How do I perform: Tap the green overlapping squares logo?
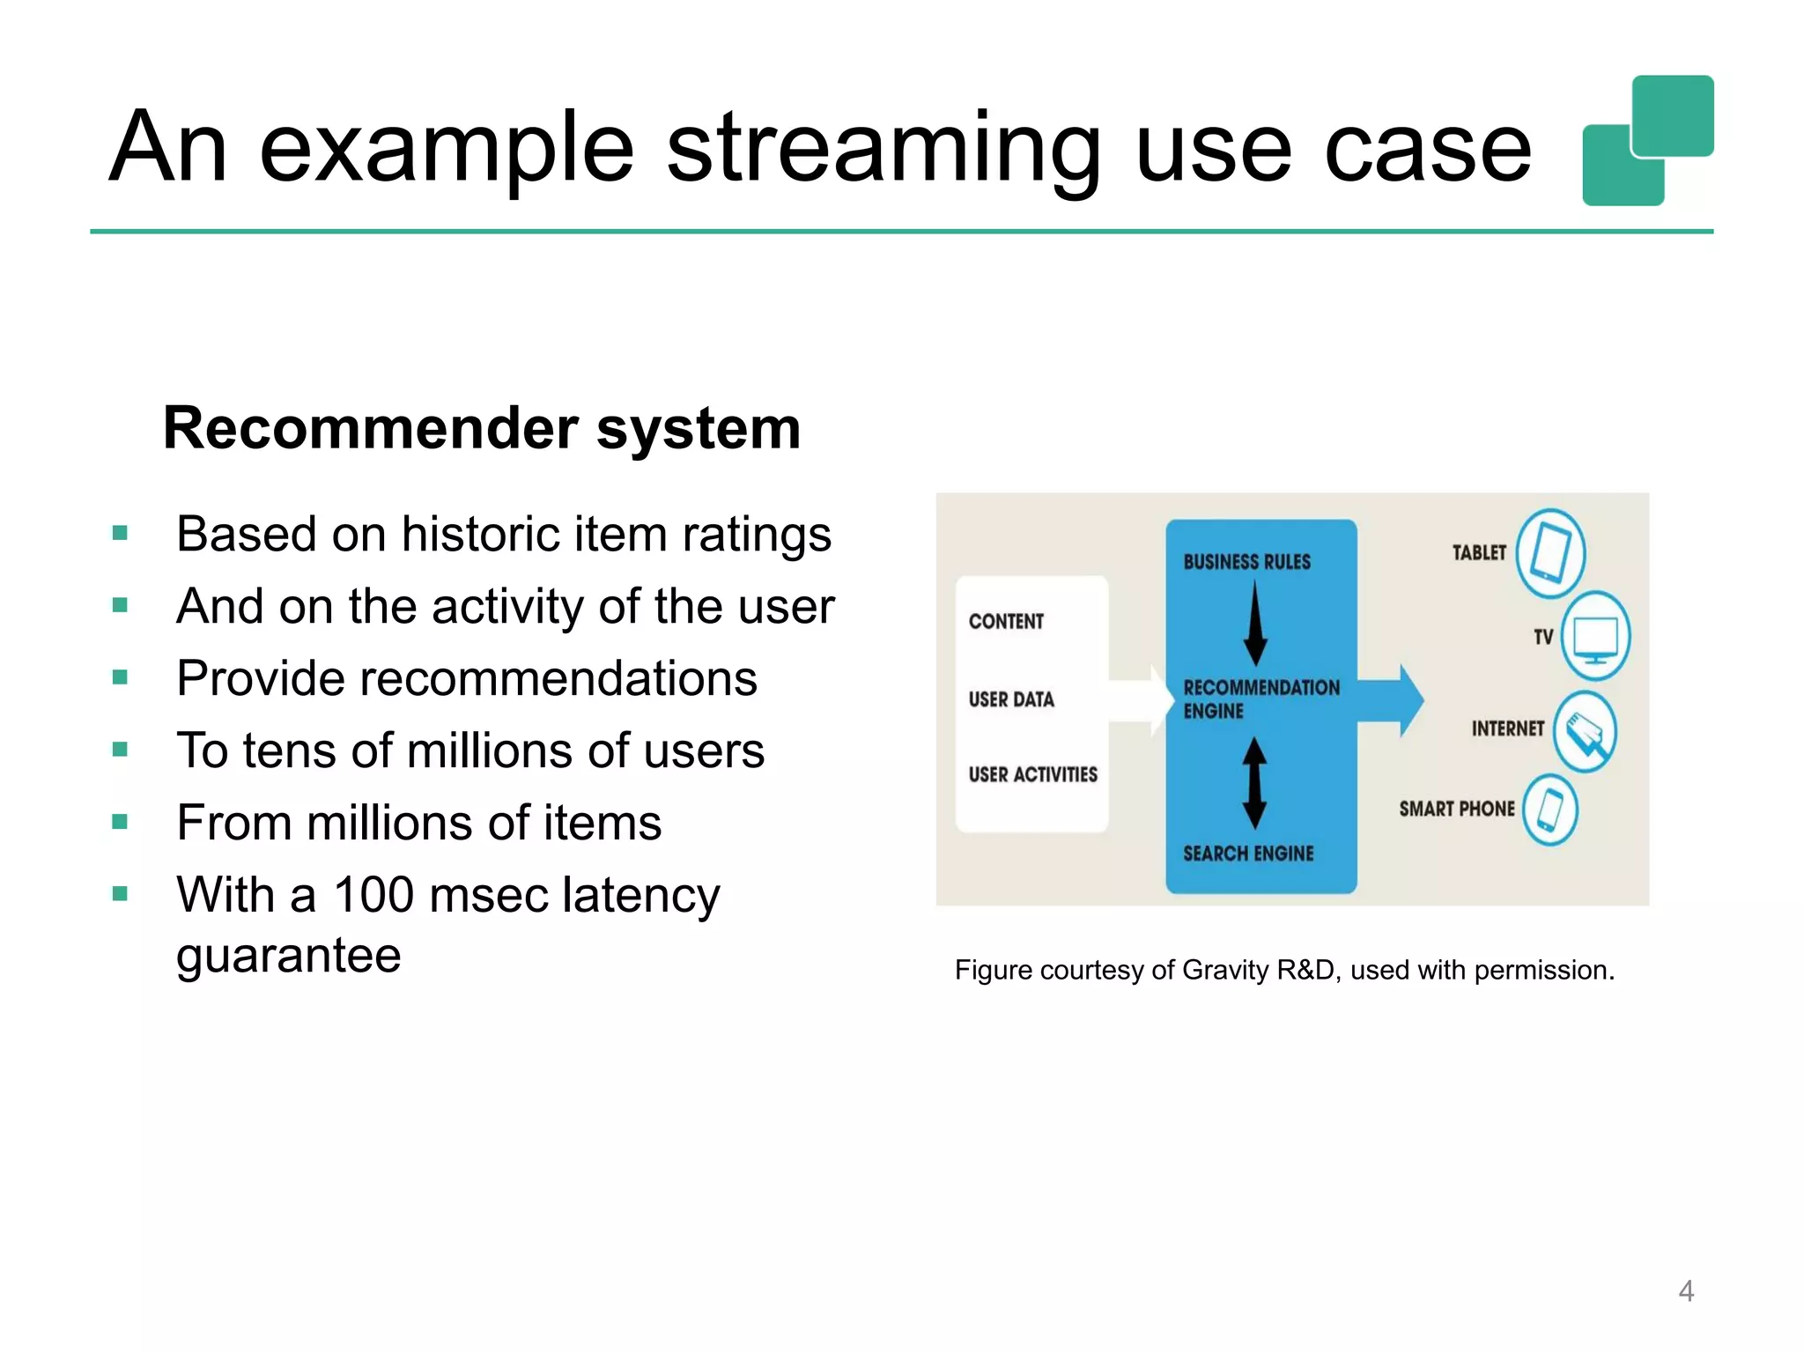click(x=1647, y=141)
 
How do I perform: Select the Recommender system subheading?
click(x=482, y=428)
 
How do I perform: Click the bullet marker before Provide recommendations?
click(x=121, y=677)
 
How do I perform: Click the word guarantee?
click(x=288, y=956)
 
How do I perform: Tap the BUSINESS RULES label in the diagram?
click(x=1246, y=562)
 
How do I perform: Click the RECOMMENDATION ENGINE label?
click(x=1260, y=699)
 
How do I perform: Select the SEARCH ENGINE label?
click(x=1247, y=854)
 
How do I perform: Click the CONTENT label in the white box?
click(x=1006, y=622)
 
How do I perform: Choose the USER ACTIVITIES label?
click(x=1032, y=775)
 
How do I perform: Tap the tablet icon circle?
click(x=1550, y=554)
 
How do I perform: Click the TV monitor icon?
click(x=1595, y=636)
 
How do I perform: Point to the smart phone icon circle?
click(x=1549, y=810)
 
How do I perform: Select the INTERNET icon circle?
click(x=1584, y=732)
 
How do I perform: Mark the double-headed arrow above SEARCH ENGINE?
click(x=1254, y=782)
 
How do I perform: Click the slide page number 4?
click(x=1686, y=1291)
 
